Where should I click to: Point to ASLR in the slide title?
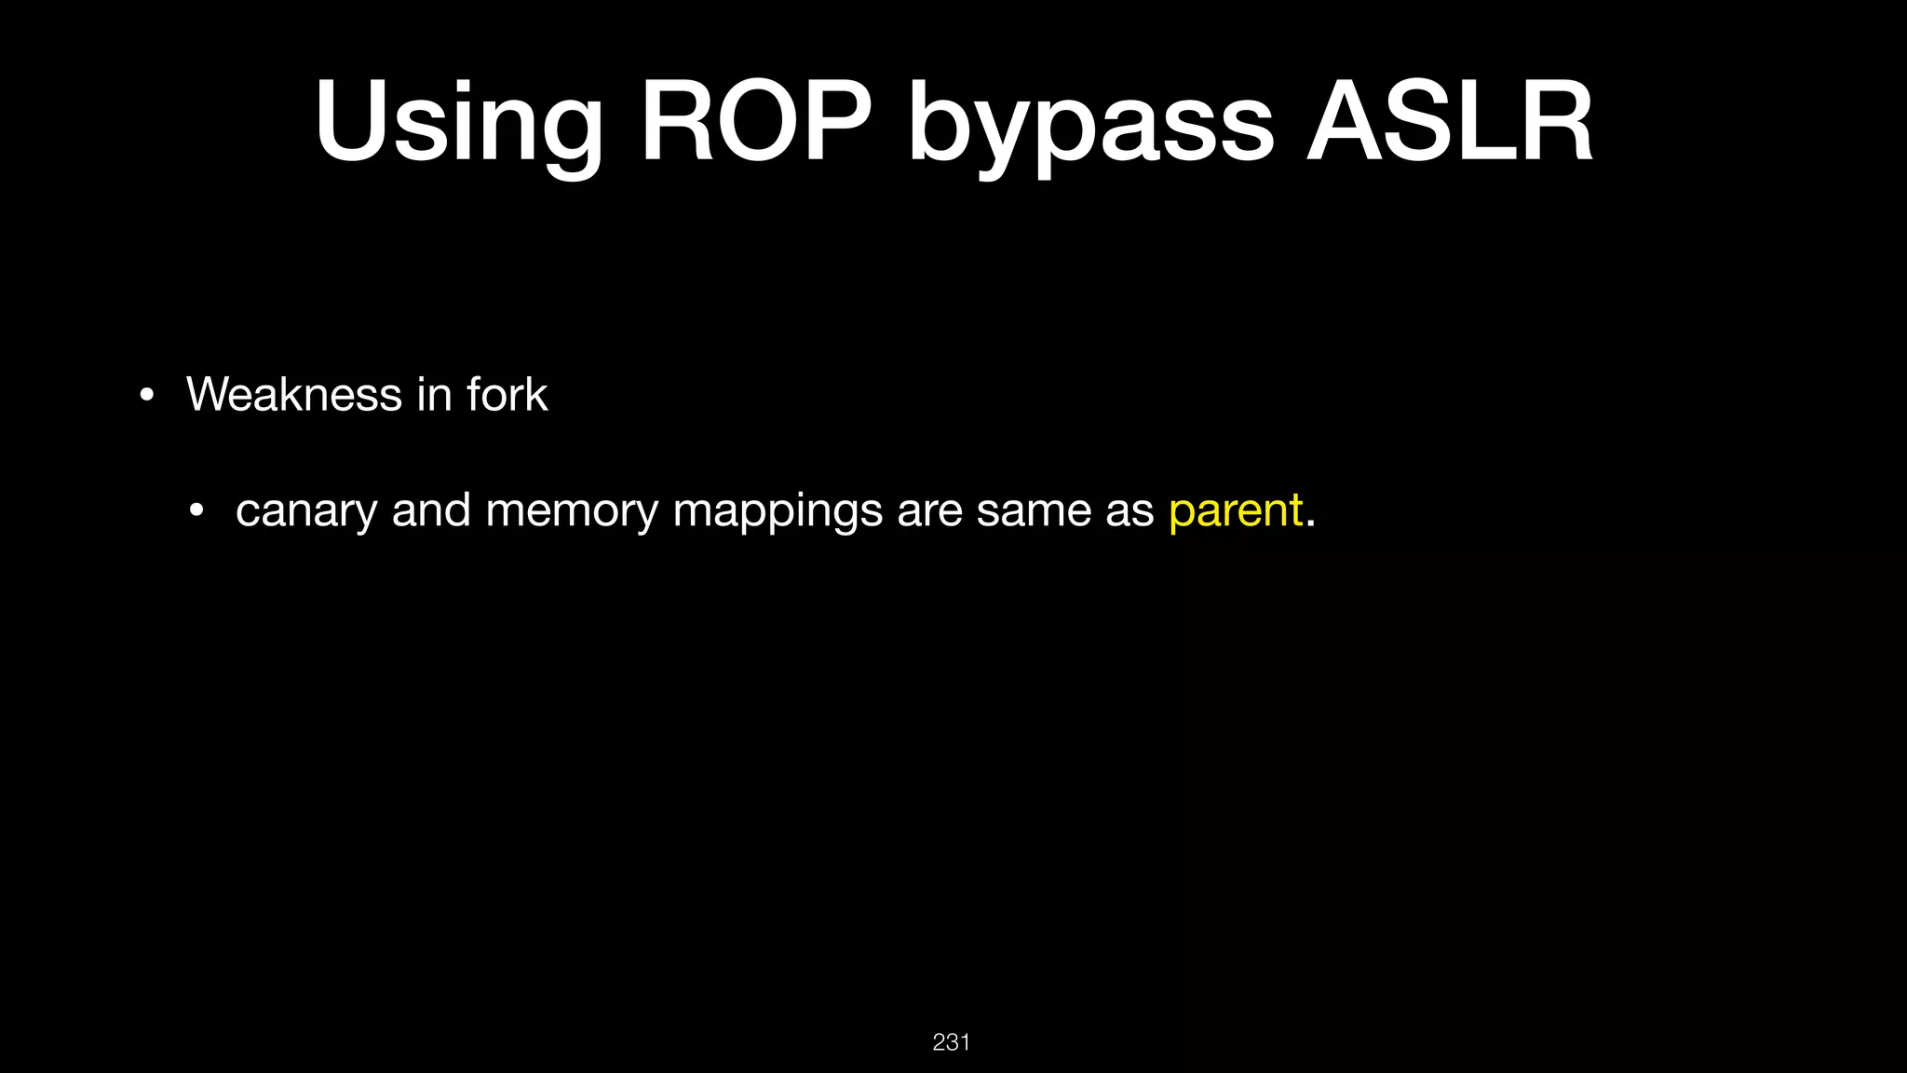coord(1450,122)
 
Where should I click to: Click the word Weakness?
coord(294,394)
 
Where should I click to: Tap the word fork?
coord(507,394)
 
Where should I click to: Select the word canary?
coord(305,510)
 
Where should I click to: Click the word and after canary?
coord(431,510)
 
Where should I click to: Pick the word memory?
coord(572,510)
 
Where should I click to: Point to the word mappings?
coord(778,510)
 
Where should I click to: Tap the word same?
coord(1034,510)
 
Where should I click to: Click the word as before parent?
coord(1129,510)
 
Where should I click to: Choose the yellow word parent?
coord(1236,510)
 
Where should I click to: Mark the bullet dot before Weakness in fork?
coord(145,396)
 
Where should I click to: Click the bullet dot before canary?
coord(195,511)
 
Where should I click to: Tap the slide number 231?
coord(951,1042)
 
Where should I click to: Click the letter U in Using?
coord(351,122)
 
